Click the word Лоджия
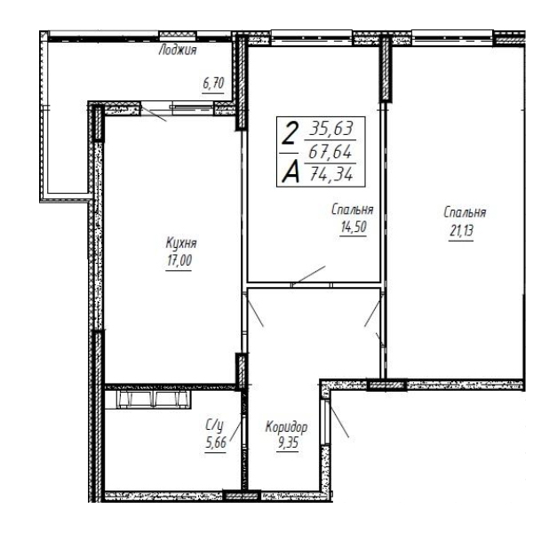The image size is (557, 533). pos(178,51)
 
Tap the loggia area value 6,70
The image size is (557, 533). pos(213,84)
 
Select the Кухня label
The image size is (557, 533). pos(181,243)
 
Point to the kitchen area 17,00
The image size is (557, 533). pos(179,260)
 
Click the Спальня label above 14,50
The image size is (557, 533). pos(352,210)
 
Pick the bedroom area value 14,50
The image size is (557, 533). pos(353,227)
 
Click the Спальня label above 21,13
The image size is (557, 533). pos(465,212)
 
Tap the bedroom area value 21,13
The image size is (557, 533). pos(461,231)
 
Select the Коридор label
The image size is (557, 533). pos(286,427)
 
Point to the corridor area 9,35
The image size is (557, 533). pos(288,443)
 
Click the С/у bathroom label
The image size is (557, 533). pos(214,425)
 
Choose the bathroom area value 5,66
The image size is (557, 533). pos(215,443)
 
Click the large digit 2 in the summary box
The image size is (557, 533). pos(289,133)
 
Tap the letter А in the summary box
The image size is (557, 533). pos(290,172)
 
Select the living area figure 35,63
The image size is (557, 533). pos(331,128)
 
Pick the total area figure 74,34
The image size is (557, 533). pos(331,174)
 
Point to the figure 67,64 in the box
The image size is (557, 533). pos(330,152)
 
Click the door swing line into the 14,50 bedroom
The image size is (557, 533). pos(308,274)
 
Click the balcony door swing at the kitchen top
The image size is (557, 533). pos(154,113)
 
